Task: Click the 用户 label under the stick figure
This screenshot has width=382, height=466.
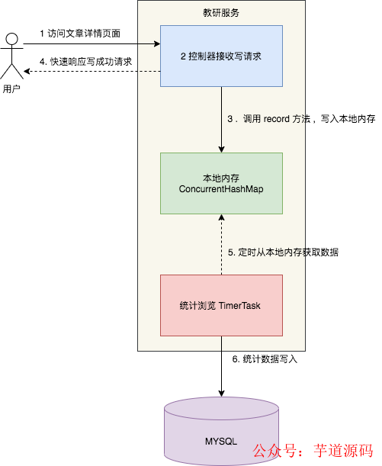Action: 11,89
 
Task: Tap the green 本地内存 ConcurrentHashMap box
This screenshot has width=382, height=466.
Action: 221,183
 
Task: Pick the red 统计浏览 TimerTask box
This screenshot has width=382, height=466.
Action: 221,305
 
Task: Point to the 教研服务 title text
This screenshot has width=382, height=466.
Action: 221,13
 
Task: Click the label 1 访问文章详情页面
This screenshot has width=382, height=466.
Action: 80,34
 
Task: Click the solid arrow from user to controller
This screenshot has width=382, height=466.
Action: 91,44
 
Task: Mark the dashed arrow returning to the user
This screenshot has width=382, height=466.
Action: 91,71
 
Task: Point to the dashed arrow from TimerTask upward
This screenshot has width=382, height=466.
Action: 221,244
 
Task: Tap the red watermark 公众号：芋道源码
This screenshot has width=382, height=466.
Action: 313,450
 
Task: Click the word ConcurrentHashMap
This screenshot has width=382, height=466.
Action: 221,188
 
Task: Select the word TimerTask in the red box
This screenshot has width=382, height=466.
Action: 241,305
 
